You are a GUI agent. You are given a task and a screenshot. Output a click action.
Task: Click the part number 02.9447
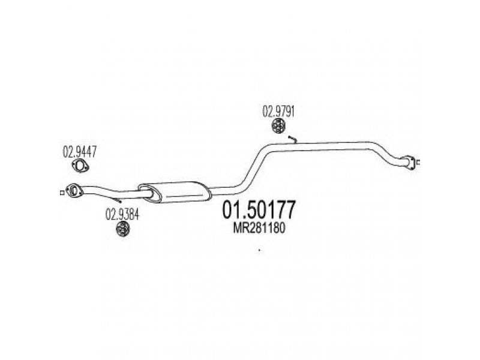pyautogui.click(x=80, y=152)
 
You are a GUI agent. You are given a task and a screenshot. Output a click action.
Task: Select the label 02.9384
pyautogui.click(x=122, y=215)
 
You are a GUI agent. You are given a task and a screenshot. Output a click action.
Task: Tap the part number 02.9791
pyautogui.click(x=278, y=112)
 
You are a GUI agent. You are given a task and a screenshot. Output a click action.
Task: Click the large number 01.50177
pyautogui.click(x=259, y=210)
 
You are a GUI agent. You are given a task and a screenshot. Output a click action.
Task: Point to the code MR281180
pyautogui.click(x=259, y=228)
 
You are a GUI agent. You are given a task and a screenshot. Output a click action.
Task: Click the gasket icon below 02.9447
pyautogui.click(x=80, y=166)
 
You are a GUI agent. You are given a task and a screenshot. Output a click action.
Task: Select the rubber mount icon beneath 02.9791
pyautogui.click(x=278, y=127)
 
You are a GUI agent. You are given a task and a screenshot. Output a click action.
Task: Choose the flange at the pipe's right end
pyautogui.click(x=409, y=162)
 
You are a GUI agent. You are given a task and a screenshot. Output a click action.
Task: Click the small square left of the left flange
pyautogui.click(x=62, y=193)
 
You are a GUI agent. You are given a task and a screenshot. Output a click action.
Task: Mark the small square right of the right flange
pyautogui.click(x=418, y=163)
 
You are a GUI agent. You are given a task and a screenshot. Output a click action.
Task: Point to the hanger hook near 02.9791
pyautogui.click(x=293, y=139)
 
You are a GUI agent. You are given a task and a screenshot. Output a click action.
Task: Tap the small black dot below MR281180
pyautogui.click(x=260, y=251)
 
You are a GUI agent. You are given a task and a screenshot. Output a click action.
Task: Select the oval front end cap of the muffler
pyautogui.click(x=149, y=193)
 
